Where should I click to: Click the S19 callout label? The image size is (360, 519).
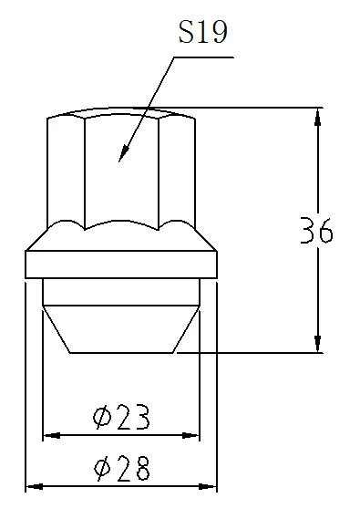203,32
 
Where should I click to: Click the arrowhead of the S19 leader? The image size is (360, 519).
123,153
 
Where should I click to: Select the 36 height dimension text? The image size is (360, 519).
316,230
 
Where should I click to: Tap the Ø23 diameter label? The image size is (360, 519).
121,417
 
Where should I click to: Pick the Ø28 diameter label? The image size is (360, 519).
122,468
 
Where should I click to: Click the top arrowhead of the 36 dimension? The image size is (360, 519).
318,117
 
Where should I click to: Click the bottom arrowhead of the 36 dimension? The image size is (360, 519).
318,344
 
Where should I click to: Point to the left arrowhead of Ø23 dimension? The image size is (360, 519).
52,435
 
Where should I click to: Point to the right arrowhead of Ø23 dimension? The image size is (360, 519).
190,435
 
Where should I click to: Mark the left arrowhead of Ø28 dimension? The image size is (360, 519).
35,486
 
